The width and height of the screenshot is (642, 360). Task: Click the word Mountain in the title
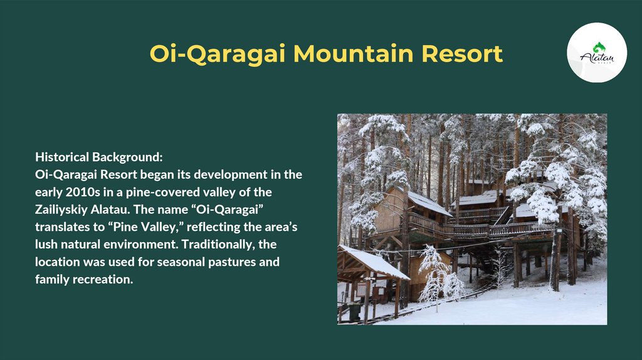point(354,54)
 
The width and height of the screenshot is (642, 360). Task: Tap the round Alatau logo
point(597,53)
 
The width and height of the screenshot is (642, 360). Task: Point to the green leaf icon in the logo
point(599,48)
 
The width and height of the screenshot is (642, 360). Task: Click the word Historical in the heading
point(62,157)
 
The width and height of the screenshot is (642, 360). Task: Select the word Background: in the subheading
point(127,158)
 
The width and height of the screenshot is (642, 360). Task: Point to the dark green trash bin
point(355,311)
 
